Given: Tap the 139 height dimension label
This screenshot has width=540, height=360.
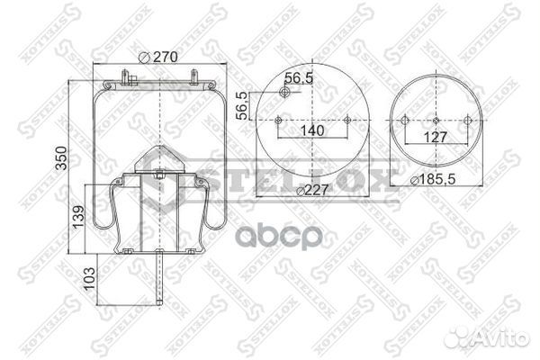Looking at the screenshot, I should pos(78,216).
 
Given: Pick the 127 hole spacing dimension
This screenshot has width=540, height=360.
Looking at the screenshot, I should pos(435,139).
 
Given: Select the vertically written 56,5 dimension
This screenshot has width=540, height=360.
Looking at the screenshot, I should pos(241,105).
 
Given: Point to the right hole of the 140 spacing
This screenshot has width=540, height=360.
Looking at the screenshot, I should pos(346,121).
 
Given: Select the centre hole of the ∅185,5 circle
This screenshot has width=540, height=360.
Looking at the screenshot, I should pos(435,121).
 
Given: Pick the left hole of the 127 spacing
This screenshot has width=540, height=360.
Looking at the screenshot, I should pos(405,121).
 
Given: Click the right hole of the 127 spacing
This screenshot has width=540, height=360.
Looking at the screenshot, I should pos(465,121).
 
